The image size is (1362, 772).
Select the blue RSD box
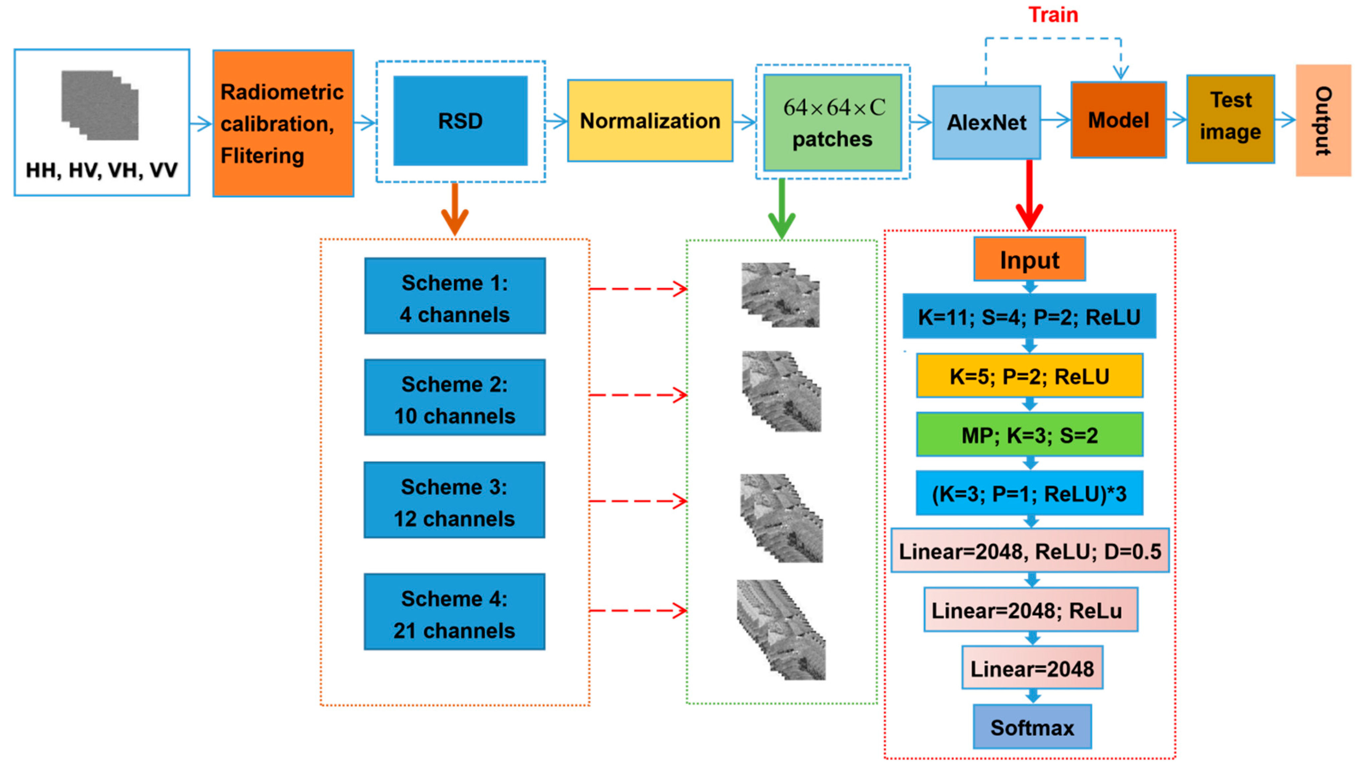point(460,121)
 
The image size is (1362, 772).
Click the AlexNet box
point(986,122)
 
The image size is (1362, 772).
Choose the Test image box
point(1230,119)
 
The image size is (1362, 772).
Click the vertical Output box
point(1323,120)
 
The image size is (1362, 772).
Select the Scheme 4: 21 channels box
point(454,612)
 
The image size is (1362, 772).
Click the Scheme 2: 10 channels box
point(455,398)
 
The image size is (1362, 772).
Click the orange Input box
point(1029,259)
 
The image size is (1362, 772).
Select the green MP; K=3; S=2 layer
point(1029,435)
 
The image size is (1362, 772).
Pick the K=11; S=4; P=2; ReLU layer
point(1029,317)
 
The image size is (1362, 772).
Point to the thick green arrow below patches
point(781,210)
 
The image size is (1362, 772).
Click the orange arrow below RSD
point(455,210)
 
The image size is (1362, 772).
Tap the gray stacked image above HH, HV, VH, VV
point(100,105)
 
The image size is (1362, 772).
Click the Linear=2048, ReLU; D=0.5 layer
point(1030,551)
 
